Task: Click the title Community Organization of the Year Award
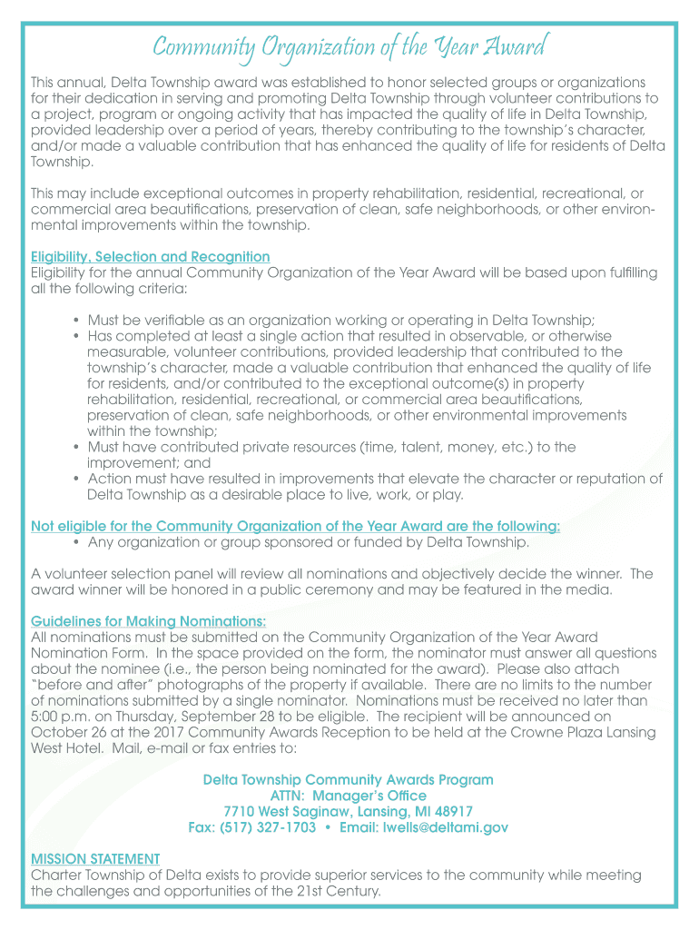[349, 45]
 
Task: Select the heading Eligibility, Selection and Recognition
[151, 257]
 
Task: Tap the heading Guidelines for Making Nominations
[149, 621]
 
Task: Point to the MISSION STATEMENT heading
[95, 858]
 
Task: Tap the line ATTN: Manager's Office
[349, 796]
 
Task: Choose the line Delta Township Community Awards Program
[349, 779]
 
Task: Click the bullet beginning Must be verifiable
[341, 320]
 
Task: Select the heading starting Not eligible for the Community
[296, 527]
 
